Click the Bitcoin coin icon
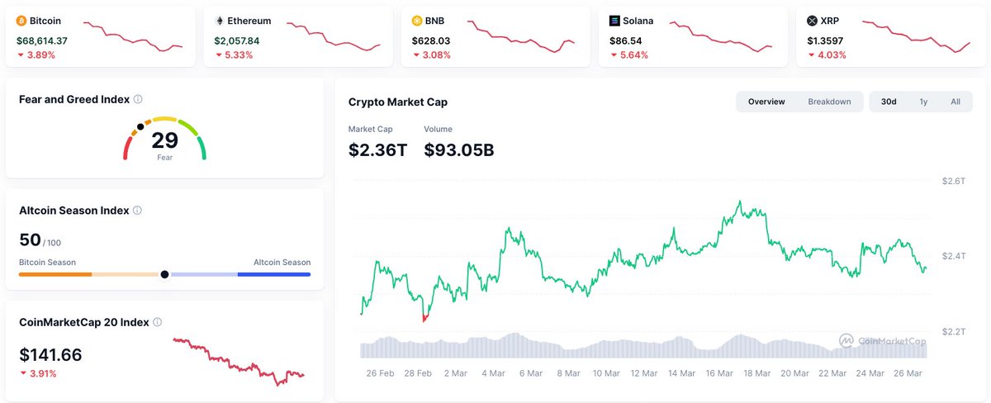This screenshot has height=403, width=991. point(21,21)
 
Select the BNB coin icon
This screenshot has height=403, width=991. point(417,21)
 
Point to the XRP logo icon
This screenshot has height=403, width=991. point(812,21)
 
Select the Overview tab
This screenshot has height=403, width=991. point(766,102)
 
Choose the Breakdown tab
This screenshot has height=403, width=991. point(829,102)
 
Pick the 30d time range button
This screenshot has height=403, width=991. point(889,102)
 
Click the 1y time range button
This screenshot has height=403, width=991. point(923,102)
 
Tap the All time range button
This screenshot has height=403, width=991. point(955,102)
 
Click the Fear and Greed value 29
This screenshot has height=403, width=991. point(164,140)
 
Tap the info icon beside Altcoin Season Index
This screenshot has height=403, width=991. point(137,211)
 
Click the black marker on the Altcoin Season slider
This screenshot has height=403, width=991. point(164,274)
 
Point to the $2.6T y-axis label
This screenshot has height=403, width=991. point(954,181)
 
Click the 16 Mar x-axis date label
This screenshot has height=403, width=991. point(719,373)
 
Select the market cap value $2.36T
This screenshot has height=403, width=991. point(377,149)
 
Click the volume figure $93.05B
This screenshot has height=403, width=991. point(458,149)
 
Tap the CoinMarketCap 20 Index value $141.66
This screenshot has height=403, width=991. point(50,355)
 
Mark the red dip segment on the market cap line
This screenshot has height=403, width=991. point(425,317)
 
